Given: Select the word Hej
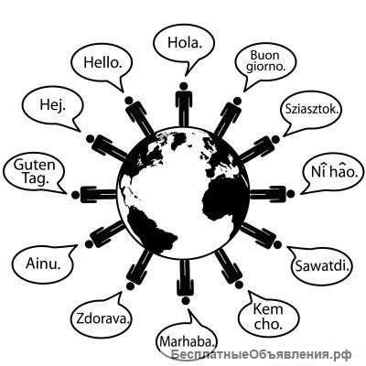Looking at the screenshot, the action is [x=52, y=105].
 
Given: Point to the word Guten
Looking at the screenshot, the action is [x=34, y=165].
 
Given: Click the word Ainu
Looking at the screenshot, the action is [x=43, y=264].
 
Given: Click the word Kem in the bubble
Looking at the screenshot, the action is [x=268, y=309].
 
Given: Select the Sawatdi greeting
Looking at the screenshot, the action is [x=322, y=265].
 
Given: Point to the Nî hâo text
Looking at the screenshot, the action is [x=334, y=171].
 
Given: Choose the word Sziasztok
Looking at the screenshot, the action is [x=312, y=109].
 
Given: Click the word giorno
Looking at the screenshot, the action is [x=266, y=67].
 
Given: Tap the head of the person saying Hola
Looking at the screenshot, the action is [x=184, y=86].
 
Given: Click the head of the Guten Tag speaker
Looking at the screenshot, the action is [x=75, y=194].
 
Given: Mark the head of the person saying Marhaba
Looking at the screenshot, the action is [x=185, y=300].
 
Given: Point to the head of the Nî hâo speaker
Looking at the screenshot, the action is [x=291, y=194].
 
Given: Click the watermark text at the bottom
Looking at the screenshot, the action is [x=261, y=354].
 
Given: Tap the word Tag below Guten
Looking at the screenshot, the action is [x=36, y=178].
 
